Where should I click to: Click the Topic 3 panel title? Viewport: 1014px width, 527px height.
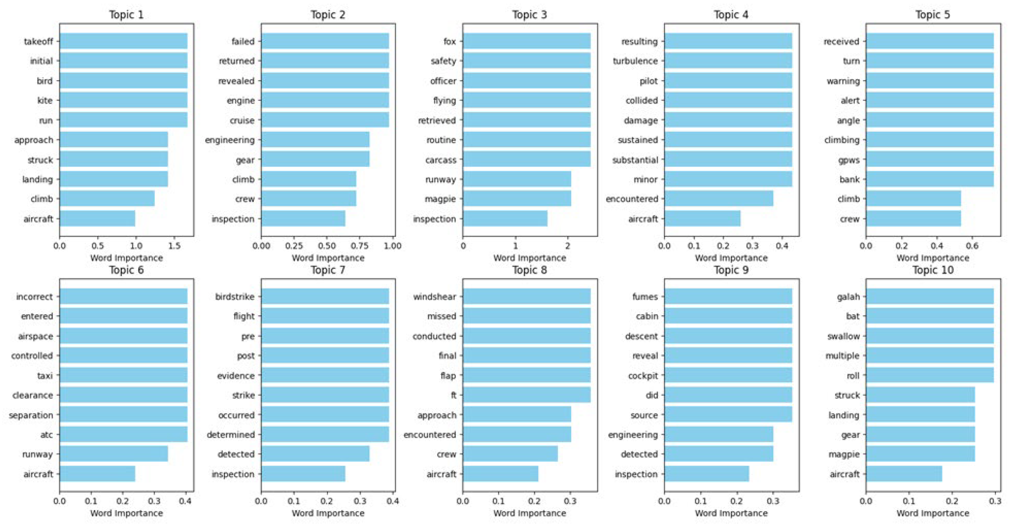530,15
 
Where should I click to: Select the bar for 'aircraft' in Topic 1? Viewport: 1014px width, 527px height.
97,218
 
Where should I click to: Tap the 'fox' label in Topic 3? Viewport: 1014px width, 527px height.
449,41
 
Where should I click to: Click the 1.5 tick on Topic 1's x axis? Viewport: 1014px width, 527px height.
174,246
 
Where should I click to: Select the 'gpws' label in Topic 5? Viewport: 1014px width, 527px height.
849,160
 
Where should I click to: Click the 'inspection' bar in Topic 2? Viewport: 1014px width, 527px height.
303,218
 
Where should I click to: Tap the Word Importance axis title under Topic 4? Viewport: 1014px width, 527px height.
731,258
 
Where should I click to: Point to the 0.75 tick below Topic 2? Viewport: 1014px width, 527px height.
359,246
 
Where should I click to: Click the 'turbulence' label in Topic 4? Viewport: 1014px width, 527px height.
635,61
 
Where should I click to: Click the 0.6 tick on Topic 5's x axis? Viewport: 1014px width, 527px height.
972,246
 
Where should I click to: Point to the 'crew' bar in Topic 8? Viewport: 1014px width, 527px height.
510,454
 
